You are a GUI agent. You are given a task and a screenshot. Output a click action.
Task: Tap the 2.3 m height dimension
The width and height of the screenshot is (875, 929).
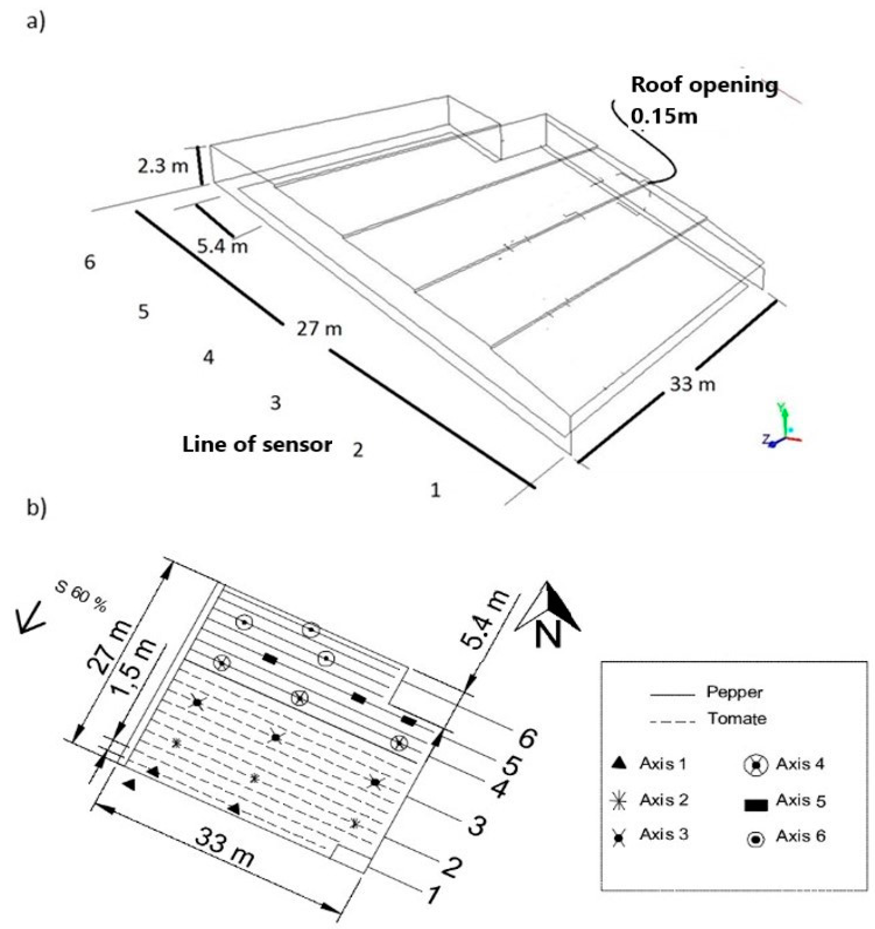pyautogui.click(x=163, y=166)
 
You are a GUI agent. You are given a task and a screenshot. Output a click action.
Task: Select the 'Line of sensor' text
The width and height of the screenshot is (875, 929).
pyautogui.click(x=257, y=445)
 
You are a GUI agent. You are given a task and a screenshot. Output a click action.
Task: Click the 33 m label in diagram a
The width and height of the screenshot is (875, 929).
pyautogui.click(x=692, y=385)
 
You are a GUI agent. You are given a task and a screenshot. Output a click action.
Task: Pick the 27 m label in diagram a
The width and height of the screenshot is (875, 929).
pyautogui.click(x=319, y=329)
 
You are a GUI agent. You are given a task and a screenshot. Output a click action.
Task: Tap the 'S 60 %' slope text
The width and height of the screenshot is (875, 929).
pyautogui.click(x=81, y=597)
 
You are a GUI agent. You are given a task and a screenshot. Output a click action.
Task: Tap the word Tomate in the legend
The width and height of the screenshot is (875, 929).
pyautogui.click(x=737, y=718)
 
